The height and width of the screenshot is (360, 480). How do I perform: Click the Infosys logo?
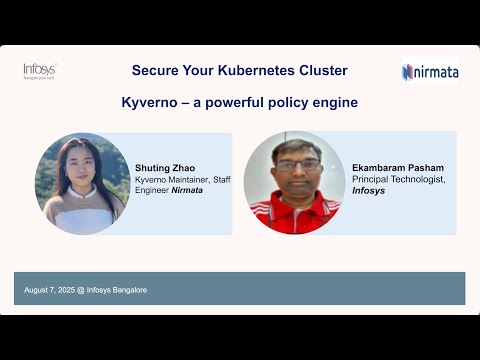[x=39, y=70]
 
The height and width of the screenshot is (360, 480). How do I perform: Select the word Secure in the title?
[x=154, y=71]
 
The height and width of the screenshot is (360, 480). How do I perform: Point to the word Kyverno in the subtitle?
[x=149, y=102]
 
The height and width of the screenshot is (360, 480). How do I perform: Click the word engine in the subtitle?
[x=334, y=102]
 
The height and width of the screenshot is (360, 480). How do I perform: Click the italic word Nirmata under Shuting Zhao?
[x=187, y=190]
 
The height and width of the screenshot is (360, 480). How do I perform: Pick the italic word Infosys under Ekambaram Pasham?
[x=368, y=190]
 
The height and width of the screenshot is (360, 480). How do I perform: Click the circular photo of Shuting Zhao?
[x=82, y=183]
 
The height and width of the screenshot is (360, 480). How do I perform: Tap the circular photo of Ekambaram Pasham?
[x=293, y=182]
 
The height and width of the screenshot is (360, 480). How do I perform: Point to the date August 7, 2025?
[x=51, y=290]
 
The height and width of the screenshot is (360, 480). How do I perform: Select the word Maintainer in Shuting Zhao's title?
[x=186, y=180]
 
